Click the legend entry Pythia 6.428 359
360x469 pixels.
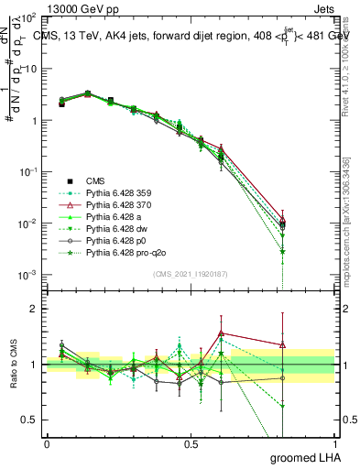click(116, 192)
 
